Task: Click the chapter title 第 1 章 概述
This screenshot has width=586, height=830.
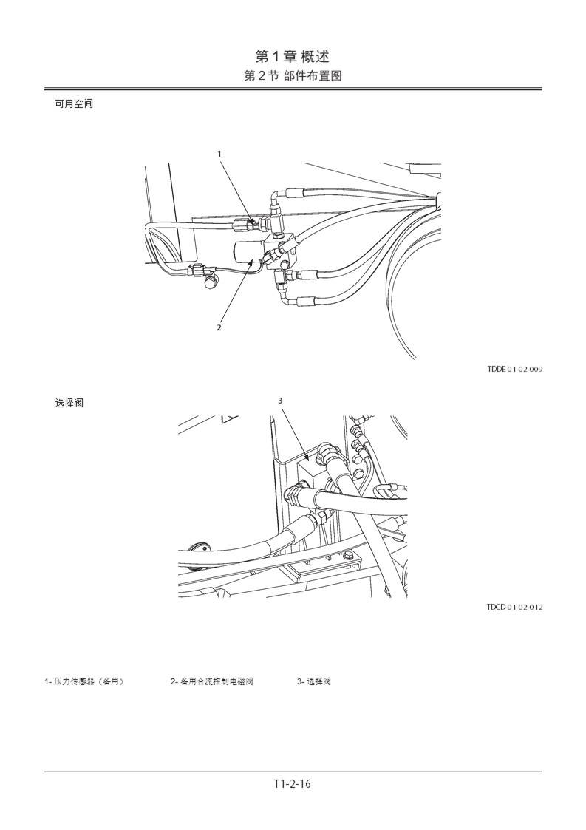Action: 293,56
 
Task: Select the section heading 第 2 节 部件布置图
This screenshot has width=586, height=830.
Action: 293,75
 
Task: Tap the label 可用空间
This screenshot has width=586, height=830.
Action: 74,103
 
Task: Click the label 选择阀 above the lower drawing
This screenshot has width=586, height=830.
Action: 69,403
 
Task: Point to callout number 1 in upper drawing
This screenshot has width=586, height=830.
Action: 219,154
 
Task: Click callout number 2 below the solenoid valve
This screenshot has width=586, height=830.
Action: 219,327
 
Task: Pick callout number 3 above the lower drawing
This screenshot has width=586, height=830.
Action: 280,401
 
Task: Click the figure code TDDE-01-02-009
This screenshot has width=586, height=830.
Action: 514,368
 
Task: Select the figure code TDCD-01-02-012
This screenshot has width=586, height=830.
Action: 514,607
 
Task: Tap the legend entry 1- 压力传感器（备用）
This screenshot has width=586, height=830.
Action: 84,681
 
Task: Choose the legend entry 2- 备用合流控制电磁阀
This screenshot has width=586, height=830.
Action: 212,681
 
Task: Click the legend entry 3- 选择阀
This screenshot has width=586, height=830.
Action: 314,681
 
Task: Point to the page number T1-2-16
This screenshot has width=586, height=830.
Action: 293,784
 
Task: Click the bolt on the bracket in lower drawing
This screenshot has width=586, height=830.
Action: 347,556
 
